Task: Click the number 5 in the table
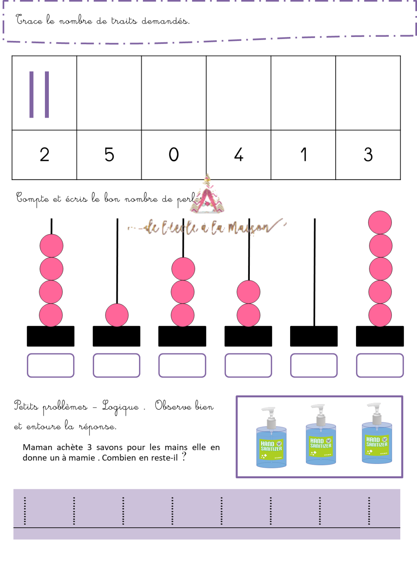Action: [109, 155]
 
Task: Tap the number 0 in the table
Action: [174, 155]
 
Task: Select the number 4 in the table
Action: [238, 155]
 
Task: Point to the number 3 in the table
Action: [368, 155]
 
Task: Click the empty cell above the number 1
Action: [303, 93]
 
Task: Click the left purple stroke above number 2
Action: [31, 94]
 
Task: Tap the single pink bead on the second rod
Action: [117, 315]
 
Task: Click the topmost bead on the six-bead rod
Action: [380, 223]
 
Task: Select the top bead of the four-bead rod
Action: [52, 246]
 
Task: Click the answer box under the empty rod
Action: [314, 365]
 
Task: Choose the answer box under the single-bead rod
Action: [117, 365]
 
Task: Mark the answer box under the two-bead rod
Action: [248, 365]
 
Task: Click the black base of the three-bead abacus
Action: [182, 336]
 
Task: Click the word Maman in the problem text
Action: [37, 448]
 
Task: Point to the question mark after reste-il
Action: [184, 457]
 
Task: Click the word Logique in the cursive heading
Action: [120, 407]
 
